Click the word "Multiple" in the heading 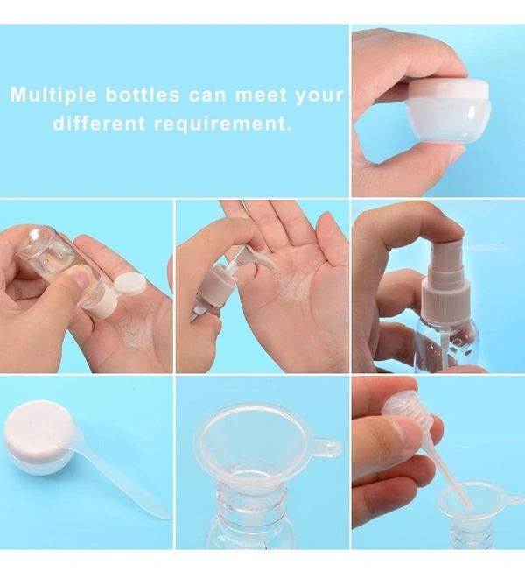(x=53, y=95)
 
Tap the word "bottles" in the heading (x=143, y=95)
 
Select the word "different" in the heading (x=99, y=123)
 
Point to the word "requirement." (x=223, y=124)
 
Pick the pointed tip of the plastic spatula (x=168, y=518)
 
